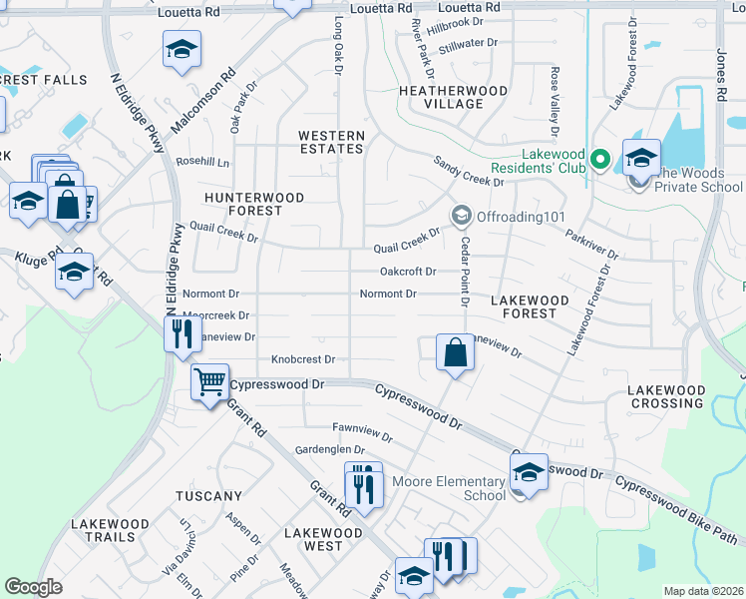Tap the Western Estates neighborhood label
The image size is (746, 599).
click(x=332, y=142)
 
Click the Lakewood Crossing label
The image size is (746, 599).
click(x=667, y=396)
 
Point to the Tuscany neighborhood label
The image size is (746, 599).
click(x=208, y=496)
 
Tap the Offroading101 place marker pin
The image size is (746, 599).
click(x=461, y=216)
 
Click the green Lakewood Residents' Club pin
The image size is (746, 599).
click(x=599, y=160)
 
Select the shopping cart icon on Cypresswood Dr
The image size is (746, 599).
click(x=209, y=380)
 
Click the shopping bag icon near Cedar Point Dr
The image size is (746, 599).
click(x=455, y=352)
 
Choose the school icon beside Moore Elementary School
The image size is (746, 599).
click(x=529, y=472)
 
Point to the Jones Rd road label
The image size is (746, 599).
click(x=720, y=74)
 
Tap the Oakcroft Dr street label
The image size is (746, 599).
click(x=408, y=272)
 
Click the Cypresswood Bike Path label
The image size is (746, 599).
click(x=677, y=510)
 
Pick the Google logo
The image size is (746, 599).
click(x=34, y=587)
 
